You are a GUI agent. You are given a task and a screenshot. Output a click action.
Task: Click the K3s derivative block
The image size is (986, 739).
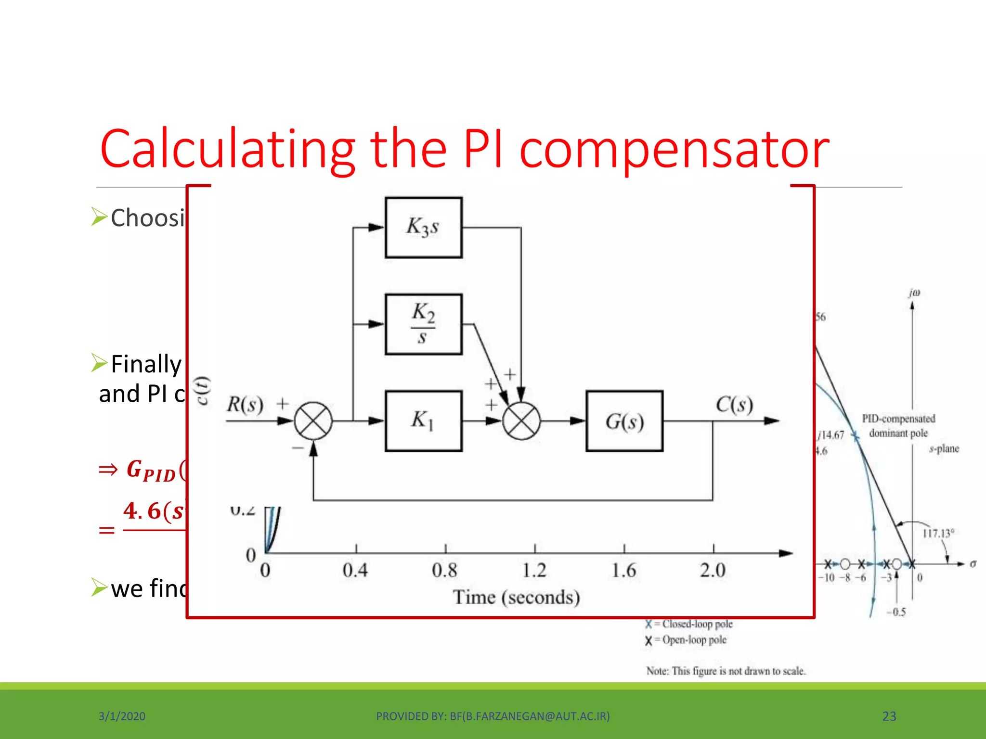click(x=424, y=227)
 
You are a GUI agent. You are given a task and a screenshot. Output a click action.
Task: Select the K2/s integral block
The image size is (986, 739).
click(x=424, y=324)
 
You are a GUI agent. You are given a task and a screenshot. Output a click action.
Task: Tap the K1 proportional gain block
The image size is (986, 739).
click(x=424, y=421)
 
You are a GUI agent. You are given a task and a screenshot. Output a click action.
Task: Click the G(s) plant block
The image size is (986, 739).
click(x=624, y=421)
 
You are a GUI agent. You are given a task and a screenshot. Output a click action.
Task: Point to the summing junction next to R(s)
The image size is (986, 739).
click(x=313, y=421)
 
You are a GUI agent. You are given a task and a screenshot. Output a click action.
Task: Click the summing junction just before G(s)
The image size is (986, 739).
click(x=521, y=421)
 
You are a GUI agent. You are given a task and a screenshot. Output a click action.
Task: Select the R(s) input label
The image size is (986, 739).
click(x=245, y=404)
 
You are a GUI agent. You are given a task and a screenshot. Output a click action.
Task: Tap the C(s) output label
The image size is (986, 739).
click(x=734, y=404)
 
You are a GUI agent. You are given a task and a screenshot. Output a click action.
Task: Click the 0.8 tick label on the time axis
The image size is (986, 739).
click(x=444, y=571)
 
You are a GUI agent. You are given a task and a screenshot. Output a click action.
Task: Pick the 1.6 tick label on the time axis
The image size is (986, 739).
click(x=624, y=571)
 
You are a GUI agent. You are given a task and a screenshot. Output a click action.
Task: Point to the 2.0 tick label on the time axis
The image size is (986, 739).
click(x=713, y=571)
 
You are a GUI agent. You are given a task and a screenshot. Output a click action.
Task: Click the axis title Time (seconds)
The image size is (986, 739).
click(x=516, y=598)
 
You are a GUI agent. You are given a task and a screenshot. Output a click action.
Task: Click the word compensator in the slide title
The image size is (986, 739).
click(x=674, y=150)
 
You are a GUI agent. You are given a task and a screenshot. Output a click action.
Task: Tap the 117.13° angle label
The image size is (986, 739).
click(x=938, y=533)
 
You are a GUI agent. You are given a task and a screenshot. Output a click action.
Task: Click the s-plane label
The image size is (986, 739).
click(x=944, y=449)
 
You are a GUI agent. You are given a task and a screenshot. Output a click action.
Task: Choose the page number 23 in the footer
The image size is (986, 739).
click(x=889, y=716)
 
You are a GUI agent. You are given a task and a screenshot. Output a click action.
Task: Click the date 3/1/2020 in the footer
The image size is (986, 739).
click(x=122, y=716)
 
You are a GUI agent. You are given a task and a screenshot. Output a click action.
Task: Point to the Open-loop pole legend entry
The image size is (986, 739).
click(x=688, y=640)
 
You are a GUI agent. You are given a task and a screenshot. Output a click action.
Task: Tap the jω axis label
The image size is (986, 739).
click(x=914, y=293)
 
